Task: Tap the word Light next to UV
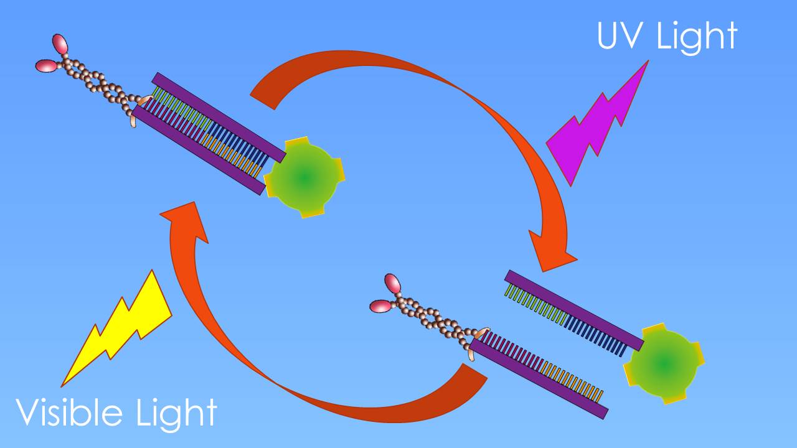[x=698, y=37]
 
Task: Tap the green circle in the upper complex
[x=304, y=177]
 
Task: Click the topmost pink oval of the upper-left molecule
[x=60, y=44]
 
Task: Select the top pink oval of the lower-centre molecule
[x=393, y=283]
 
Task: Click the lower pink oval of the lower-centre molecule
[x=380, y=306]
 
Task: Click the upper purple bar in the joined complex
[x=219, y=116]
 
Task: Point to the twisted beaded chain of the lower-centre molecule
[x=436, y=321]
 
